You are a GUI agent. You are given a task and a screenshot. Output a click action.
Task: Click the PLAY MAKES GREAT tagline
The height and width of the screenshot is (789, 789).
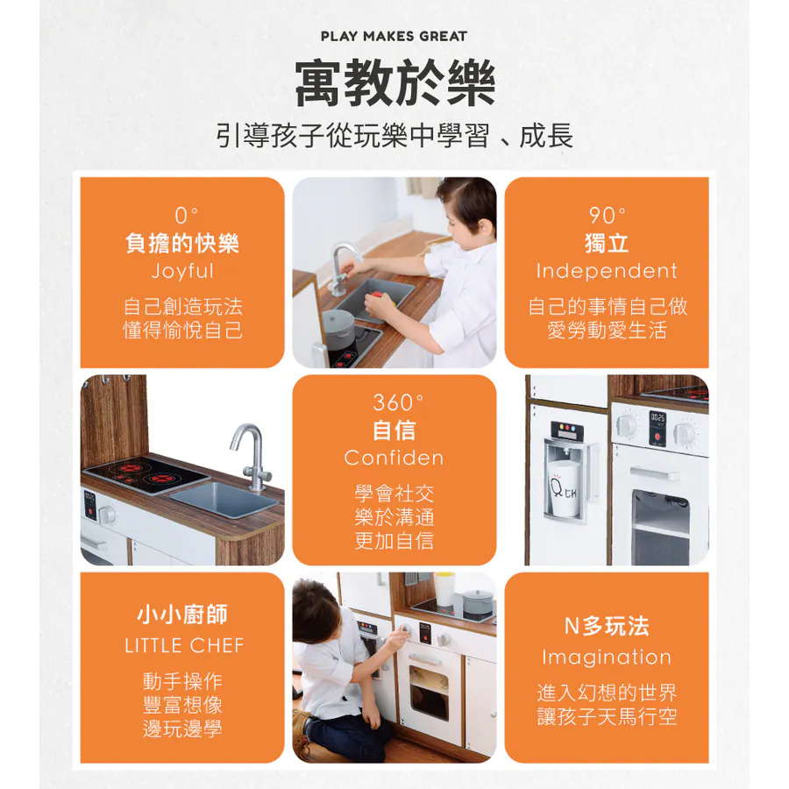click(x=394, y=36)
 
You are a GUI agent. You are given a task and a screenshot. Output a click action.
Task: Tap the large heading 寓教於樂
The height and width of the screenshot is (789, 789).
click(x=395, y=83)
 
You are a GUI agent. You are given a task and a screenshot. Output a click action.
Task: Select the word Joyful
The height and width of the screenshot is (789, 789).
click(x=182, y=271)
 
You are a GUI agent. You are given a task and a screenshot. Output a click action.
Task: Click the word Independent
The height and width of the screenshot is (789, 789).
click(x=607, y=271)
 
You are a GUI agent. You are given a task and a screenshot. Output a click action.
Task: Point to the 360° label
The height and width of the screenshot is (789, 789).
click(x=398, y=402)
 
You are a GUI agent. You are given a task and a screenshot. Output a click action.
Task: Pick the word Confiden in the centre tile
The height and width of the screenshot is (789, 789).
click(x=394, y=458)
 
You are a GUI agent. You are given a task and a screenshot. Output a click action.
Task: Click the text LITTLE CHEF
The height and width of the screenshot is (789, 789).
click(x=184, y=645)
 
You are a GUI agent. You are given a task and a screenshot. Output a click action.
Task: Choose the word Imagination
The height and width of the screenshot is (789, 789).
click(x=607, y=657)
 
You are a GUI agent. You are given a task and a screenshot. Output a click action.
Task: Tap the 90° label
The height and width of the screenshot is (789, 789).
click(x=608, y=216)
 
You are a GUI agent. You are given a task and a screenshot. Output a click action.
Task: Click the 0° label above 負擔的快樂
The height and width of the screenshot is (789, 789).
click(x=186, y=216)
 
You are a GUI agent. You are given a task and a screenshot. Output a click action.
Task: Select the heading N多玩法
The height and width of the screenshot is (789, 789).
click(x=607, y=626)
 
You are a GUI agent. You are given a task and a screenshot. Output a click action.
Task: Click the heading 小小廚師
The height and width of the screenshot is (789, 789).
click(x=182, y=615)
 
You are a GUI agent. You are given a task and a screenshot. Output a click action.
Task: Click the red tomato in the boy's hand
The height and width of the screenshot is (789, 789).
click(x=376, y=296)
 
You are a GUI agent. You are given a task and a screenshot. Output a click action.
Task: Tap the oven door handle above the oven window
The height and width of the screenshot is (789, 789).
click(x=654, y=473)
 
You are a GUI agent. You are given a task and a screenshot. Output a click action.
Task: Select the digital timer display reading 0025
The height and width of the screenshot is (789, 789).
click(x=657, y=417)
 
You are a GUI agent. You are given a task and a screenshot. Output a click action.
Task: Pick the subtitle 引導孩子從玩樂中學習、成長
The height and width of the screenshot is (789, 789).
click(x=394, y=136)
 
